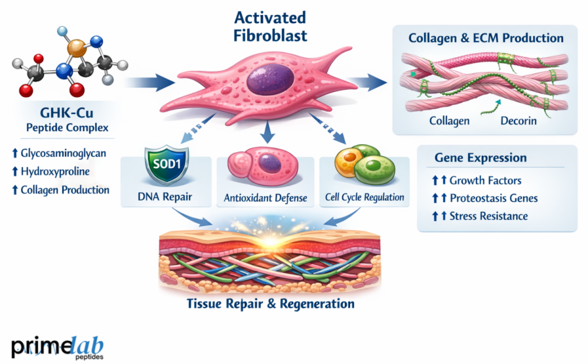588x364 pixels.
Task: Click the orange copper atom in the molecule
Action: tap(78, 47)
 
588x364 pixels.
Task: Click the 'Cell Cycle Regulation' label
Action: tap(364, 197)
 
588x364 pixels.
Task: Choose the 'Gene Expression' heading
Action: tap(480, 158)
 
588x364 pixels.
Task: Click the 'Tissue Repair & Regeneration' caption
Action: tap(270, 304)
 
